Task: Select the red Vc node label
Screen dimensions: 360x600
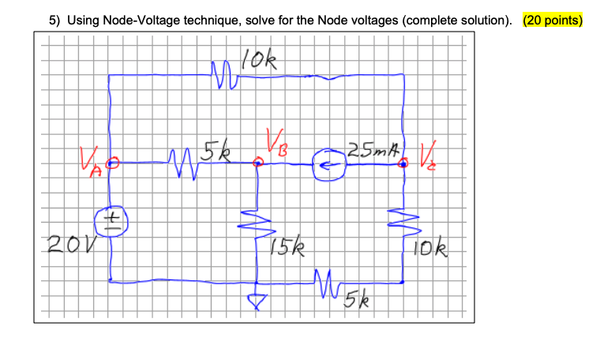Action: coord(429,152)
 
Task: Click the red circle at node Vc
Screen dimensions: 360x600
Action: coord(403,163)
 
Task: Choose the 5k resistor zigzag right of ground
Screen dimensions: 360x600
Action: coord(326,283)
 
